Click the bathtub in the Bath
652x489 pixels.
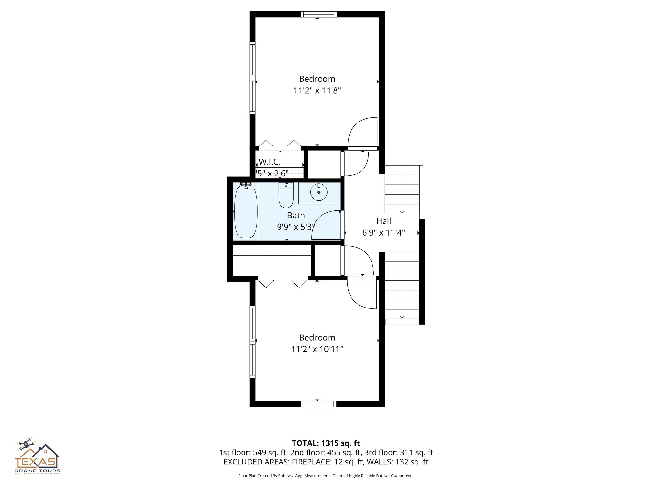tap(245, 212)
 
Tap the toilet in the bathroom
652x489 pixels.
tap(286, 196)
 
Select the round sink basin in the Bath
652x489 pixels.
tap(319, 192)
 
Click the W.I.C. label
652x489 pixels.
tap(269, 162)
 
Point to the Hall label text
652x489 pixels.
tap(383, 221)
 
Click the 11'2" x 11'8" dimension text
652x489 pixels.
tap(317, 91)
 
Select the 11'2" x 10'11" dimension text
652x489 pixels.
tap(317, 349)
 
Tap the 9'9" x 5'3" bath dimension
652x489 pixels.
tap(296, 227)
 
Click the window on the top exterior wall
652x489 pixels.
tap(319, 14)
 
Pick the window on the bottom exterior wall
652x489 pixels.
tap(318, 404)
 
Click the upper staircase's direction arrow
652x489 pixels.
tap(402, 212)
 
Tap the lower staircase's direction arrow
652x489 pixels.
tap(402, 316)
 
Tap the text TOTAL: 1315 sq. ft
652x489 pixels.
tap(326, 443)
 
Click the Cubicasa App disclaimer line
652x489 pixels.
tap(326, 476)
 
